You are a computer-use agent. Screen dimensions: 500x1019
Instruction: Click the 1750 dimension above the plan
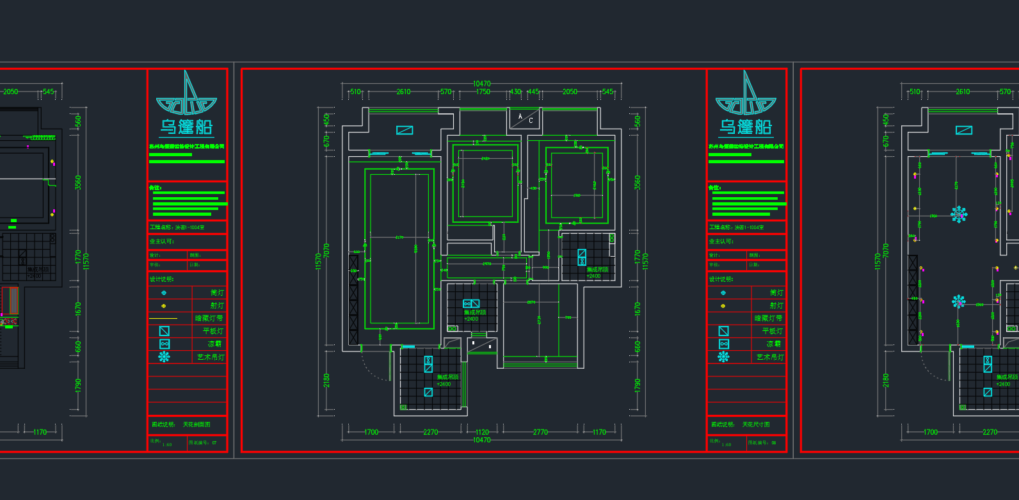pos(483,92)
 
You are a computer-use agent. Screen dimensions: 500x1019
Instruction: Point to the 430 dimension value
pos(515,92)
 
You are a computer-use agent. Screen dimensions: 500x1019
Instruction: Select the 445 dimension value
pos(533,92)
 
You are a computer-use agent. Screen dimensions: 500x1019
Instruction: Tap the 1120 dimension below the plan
pos(482,432)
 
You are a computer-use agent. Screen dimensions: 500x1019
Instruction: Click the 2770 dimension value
pos(540,432)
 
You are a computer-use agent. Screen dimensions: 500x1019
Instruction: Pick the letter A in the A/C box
pos(520,117)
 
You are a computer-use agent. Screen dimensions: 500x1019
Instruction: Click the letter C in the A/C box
pos(531,120)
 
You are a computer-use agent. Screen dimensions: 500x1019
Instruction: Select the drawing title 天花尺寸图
pos(756,424)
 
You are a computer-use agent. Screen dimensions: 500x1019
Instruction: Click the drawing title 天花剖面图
pos(197,424)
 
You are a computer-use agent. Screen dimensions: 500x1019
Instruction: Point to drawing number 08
pos(774,442)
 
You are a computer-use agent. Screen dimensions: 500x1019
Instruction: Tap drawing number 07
pos(214,442)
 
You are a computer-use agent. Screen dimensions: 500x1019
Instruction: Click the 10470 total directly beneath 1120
pos(482,440)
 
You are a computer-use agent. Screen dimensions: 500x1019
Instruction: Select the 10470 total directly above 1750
pos(482,84)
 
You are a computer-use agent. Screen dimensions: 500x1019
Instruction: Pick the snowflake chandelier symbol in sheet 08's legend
pos(723,357)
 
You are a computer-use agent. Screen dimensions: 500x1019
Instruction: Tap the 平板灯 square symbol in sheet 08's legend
pos(723,331)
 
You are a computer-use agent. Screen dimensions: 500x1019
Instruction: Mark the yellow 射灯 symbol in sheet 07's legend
pos(164,305)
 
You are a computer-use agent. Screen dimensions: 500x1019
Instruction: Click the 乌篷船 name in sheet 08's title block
pos(746,127)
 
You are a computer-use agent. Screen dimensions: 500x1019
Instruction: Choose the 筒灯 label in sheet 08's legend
pos(776,293)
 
